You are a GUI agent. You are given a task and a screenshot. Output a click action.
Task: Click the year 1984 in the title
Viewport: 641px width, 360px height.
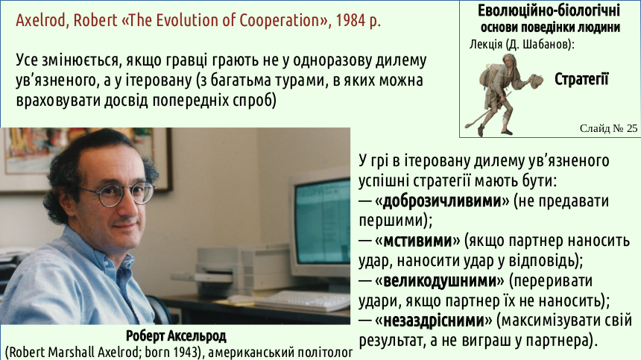coord(351,20)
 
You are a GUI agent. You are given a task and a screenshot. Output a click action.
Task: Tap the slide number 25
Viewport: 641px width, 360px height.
coord(631,128)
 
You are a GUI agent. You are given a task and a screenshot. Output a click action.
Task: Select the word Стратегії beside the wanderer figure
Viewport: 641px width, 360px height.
coord(581,79)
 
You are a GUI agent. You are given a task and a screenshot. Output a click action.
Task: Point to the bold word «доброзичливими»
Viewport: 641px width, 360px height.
coord(442,200)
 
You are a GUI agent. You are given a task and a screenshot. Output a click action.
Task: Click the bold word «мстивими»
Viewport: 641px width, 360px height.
coord(417,241)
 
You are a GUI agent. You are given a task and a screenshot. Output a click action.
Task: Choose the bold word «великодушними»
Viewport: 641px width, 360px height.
coord(440,281)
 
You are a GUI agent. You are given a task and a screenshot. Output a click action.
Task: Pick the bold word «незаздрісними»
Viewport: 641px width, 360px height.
coord(434,320)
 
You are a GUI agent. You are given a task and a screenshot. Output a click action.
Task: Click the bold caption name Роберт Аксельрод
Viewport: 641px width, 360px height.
coord(176,336)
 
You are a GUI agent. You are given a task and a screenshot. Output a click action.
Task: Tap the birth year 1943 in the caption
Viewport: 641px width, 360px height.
coord(187,352)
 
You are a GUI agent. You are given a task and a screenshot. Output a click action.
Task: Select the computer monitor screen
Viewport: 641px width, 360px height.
coord(322,224)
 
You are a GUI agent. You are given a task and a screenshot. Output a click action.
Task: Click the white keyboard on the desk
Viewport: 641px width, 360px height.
coord(303,301)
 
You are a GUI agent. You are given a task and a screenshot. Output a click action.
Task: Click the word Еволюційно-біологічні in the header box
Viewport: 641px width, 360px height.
coord(549,10)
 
